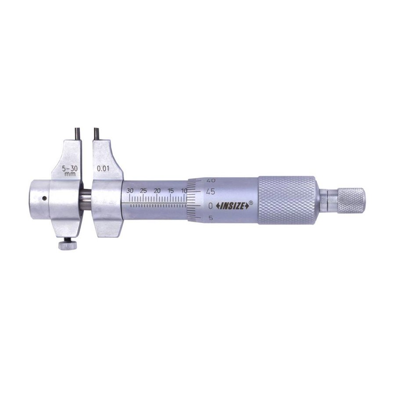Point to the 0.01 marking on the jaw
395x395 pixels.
[x=103, y=168]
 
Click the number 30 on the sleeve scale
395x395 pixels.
[x=130, y=191]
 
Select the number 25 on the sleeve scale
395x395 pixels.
[x=144, y=191]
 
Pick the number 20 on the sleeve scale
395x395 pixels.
[x=157, y=191]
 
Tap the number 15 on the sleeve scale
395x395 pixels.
[x=171, y=191]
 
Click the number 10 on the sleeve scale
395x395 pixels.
[x=184, y=191]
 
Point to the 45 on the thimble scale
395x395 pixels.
[x=210, y=192]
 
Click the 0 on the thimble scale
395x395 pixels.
[x=211, y=206]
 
